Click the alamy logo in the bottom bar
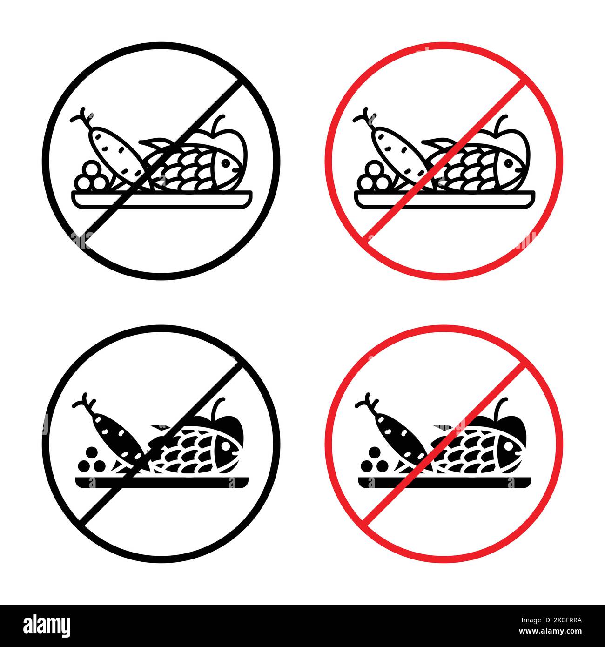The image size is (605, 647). tap(47, 625)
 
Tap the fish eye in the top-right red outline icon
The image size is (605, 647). tap(508, 163)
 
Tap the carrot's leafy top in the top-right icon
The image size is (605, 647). tap(363, 117)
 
